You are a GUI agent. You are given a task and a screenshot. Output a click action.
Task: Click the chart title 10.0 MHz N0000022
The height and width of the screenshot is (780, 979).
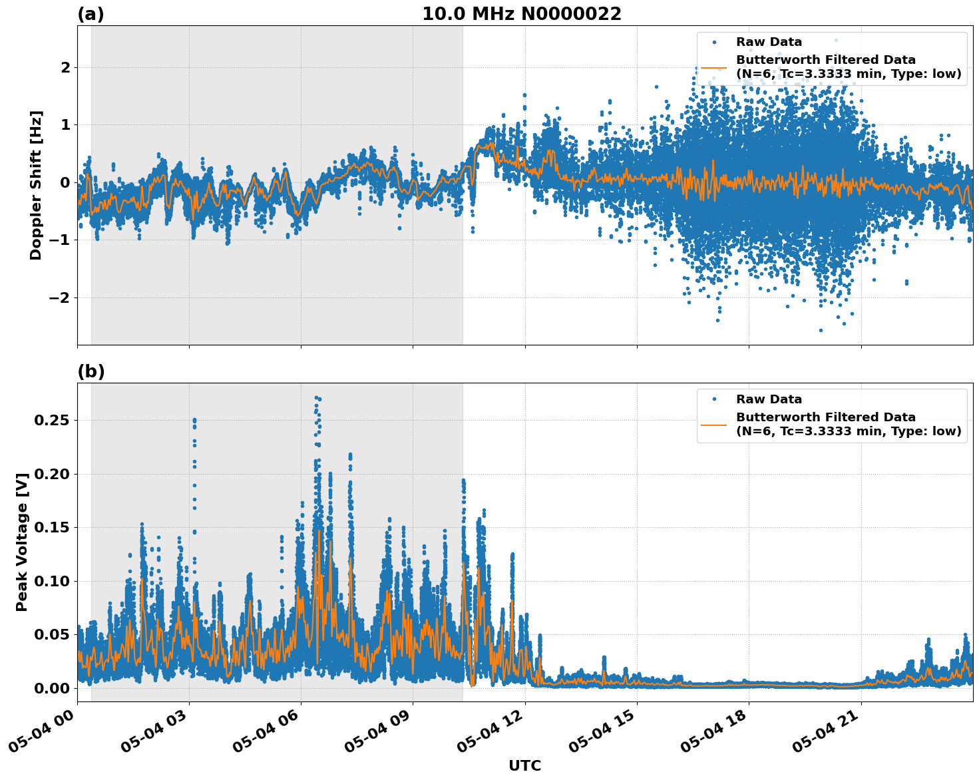point(521,14)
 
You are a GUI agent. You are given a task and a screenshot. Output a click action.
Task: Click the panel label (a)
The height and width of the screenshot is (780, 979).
point(91,14)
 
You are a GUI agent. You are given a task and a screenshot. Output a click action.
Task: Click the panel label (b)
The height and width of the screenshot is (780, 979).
point(91,371)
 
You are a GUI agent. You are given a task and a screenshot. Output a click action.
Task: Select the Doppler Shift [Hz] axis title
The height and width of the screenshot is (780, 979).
point(36,185)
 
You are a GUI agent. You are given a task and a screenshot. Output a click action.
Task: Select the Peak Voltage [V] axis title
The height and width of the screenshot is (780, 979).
point(22,542)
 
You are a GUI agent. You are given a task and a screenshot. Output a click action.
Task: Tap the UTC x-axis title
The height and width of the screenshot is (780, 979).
point(524,765)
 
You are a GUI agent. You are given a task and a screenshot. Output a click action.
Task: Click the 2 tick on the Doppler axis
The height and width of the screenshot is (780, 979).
point(65,68)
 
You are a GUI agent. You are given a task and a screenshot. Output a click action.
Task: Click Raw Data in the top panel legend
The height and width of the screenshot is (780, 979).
point(769,42)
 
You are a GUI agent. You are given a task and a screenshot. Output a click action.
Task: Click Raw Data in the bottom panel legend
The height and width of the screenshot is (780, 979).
point(769,399)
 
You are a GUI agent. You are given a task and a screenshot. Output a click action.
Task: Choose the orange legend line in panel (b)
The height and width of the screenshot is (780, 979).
point(713,424)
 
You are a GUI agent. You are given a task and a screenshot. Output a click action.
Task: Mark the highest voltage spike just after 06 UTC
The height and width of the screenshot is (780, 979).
point(317,398)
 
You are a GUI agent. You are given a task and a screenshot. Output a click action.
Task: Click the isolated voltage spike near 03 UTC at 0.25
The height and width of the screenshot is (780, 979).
point(194,421)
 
